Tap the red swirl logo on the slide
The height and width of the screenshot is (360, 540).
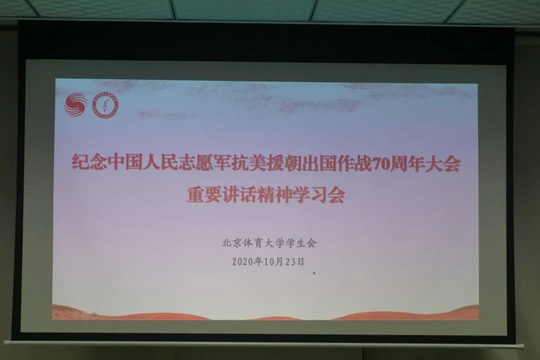tap(76, 104)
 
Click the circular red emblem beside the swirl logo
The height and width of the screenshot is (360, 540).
tap(105, 104)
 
